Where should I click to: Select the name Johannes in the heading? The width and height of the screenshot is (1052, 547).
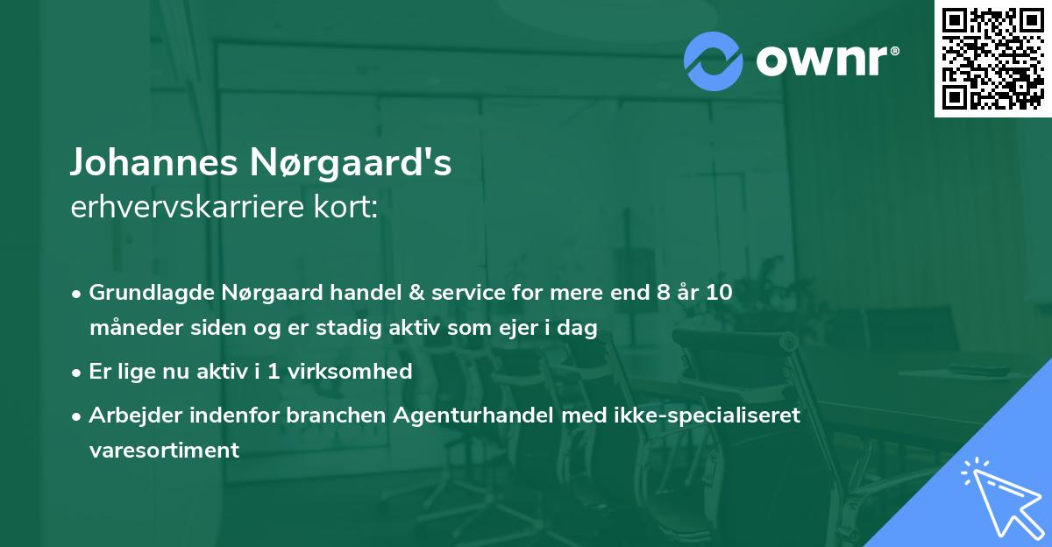point(141,164)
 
